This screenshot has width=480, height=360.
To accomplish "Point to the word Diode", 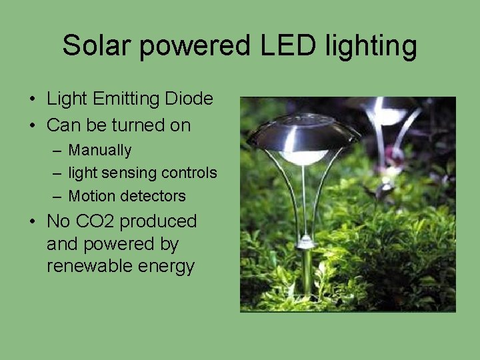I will point(189,99).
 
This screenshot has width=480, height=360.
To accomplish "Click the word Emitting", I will point(127,99).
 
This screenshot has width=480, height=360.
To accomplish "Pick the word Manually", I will point(100,151).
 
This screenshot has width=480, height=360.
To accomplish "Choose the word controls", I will point(189,173).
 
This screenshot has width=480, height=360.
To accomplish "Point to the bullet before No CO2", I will point(33,222).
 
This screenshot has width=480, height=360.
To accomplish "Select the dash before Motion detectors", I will point(57,196).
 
